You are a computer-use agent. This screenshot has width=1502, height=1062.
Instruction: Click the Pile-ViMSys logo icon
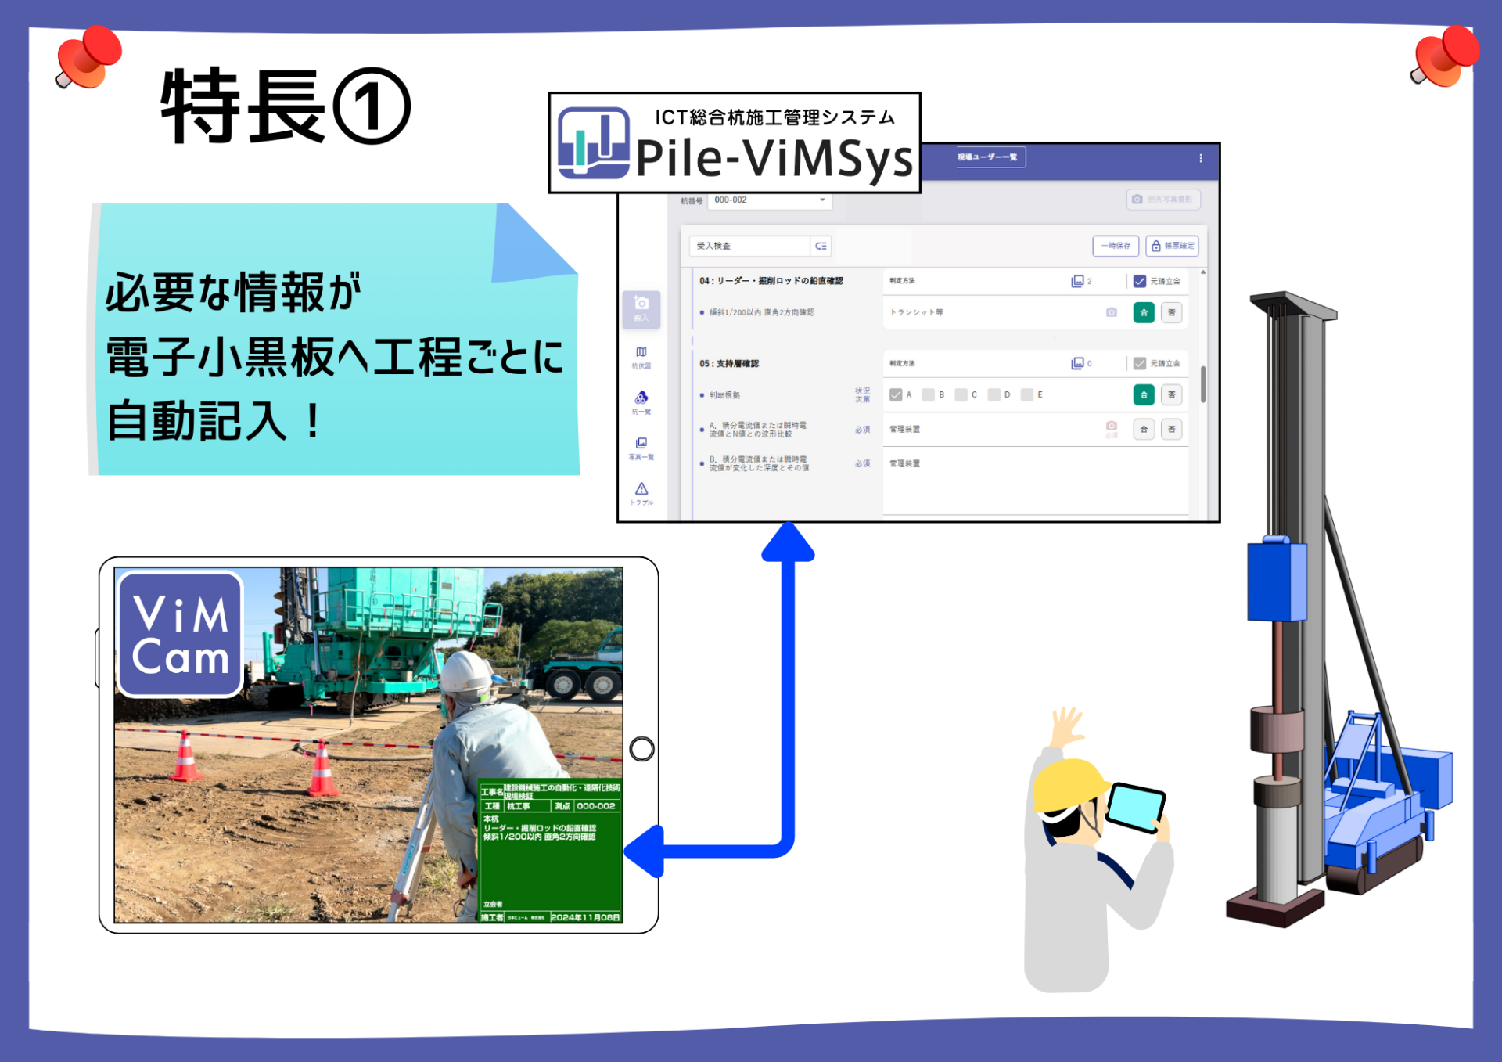point(593,143)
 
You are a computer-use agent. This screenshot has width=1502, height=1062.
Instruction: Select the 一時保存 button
point(1116,246)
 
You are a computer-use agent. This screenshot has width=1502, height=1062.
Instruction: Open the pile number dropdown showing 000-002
point(769,200)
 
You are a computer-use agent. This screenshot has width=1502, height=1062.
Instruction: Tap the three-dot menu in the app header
point(1201,158)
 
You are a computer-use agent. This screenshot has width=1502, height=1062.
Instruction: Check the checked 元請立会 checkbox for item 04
point(1140,281)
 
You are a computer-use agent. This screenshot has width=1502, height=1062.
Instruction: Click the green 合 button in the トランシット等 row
point(1144,312)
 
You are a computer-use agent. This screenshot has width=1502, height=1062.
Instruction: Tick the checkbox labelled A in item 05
point(896,395)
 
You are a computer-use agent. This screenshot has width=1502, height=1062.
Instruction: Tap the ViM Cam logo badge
point(181,634)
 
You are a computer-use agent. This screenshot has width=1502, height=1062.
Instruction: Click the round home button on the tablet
point(641,749)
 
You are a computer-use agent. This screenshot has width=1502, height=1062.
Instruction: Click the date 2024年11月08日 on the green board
point(585,917)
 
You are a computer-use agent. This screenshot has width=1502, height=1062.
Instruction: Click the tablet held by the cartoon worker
point(1135,807)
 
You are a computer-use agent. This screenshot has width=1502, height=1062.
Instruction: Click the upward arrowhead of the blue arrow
point(789,542)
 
